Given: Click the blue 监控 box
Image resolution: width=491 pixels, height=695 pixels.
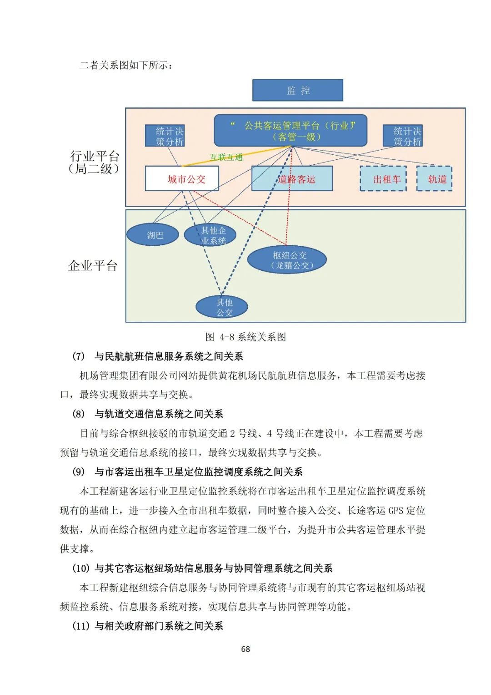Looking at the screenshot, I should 298,90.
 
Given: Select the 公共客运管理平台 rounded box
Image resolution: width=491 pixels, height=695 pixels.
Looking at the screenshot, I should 291,131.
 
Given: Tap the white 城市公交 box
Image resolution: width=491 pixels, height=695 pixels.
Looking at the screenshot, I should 182,178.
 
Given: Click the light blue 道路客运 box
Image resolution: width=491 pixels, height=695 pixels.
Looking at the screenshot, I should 292,179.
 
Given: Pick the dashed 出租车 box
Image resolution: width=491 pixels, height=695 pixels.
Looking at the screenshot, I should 383,179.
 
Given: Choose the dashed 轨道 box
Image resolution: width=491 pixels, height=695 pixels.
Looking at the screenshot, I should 435,179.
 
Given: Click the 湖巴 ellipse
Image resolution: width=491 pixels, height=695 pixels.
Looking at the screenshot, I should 152,235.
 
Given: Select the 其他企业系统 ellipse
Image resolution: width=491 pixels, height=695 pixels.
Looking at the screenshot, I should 210,235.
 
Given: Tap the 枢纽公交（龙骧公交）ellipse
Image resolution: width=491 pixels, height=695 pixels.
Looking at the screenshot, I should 287,260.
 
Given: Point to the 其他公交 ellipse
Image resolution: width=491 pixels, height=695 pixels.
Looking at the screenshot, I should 222,307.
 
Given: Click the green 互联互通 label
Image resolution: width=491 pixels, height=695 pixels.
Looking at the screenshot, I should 226,157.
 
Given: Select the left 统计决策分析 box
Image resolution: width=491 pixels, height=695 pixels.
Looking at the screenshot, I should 165,136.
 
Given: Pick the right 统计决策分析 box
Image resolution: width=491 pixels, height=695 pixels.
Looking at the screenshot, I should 402,136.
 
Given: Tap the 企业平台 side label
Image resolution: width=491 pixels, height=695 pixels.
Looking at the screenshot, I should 93,265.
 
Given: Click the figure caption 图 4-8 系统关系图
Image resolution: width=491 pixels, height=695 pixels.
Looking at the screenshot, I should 245,337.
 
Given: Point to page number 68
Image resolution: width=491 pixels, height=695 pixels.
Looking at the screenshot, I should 245,649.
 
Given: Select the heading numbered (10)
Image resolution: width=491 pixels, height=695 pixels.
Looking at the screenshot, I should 202,568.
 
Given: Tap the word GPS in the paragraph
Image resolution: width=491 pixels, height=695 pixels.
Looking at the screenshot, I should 396,511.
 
